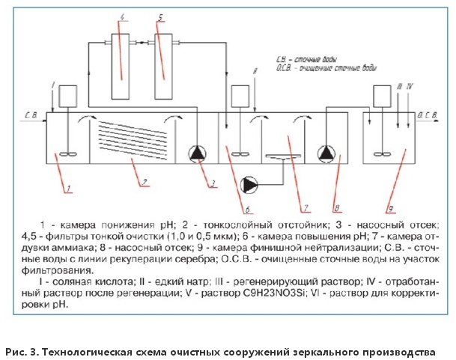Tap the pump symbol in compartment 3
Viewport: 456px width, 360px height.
coord(197,154)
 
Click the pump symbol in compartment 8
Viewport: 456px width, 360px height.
coord(326,154)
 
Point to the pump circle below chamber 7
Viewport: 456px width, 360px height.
coord(248,183)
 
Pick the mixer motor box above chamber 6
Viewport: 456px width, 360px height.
coord(240,97)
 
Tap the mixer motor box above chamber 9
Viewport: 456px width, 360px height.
coord(381,97)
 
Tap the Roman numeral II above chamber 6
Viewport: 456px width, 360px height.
coord(256,71)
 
